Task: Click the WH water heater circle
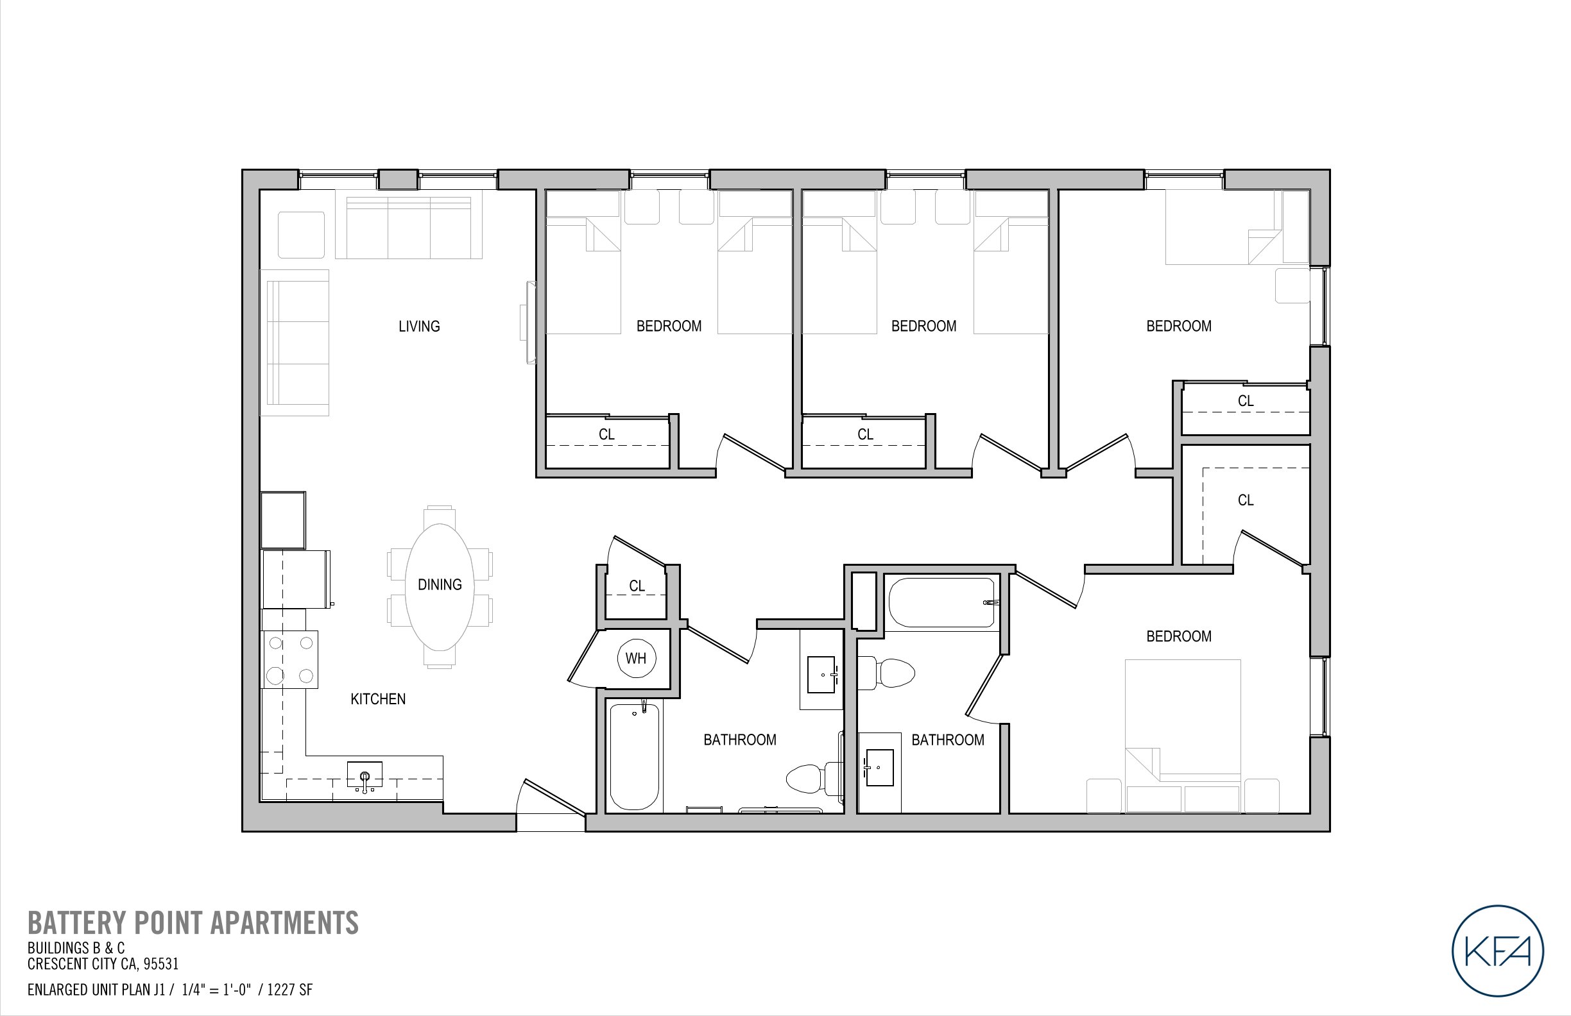(636, 657)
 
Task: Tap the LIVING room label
(418, 326)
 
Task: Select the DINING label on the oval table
(440, 584)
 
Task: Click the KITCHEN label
(377, 698)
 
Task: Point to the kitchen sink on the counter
(365, 775)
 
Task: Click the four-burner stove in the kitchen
(291, 659)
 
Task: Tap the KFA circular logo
(1497, 951)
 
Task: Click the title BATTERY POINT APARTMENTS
(193, 922)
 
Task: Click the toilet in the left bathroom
(812, 779)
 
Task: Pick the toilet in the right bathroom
(888, 673)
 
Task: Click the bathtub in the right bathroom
(941, 602)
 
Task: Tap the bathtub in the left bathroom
(634, 756)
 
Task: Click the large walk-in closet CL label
(1245, 500)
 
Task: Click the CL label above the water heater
(637, 586)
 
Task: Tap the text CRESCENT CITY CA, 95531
(103, 964)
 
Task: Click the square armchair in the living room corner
(301, 234)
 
